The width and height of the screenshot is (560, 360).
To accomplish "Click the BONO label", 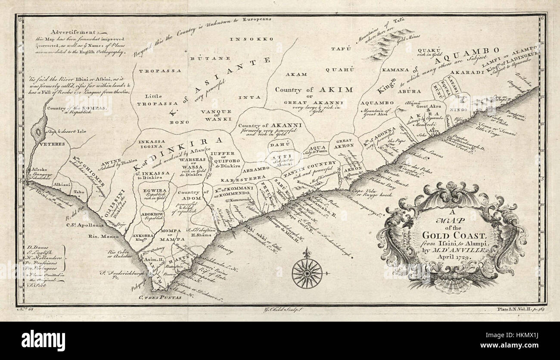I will pos(176,122).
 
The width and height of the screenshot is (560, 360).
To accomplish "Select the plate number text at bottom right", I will pos(520,309).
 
